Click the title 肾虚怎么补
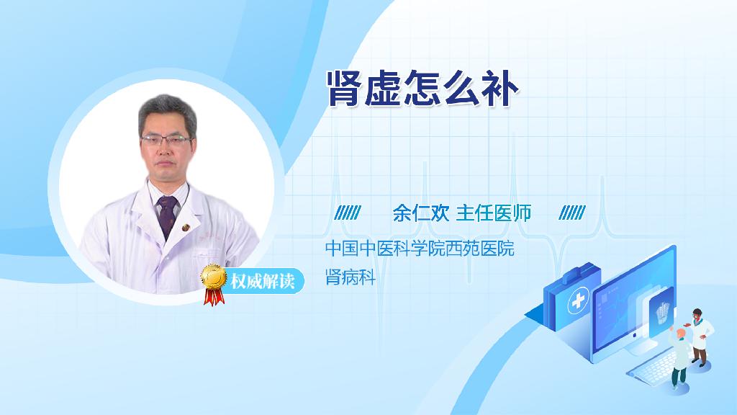coord(422,89)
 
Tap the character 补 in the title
coord(499,89)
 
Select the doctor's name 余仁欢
coord(421,213)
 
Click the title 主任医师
coord(494,213)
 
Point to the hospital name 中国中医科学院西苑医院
coord(420,248)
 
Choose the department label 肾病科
coord(351,277)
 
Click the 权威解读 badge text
coord(262,282)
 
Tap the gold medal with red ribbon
coord(213,283)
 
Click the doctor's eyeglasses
coord(166,139)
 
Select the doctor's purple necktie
coord(168,215)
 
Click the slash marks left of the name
coord(348,213)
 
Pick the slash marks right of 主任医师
coord(572,213)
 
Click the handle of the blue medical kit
coord(579,272)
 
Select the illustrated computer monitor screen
coord(632,302)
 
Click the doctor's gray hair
coord(167,112)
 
